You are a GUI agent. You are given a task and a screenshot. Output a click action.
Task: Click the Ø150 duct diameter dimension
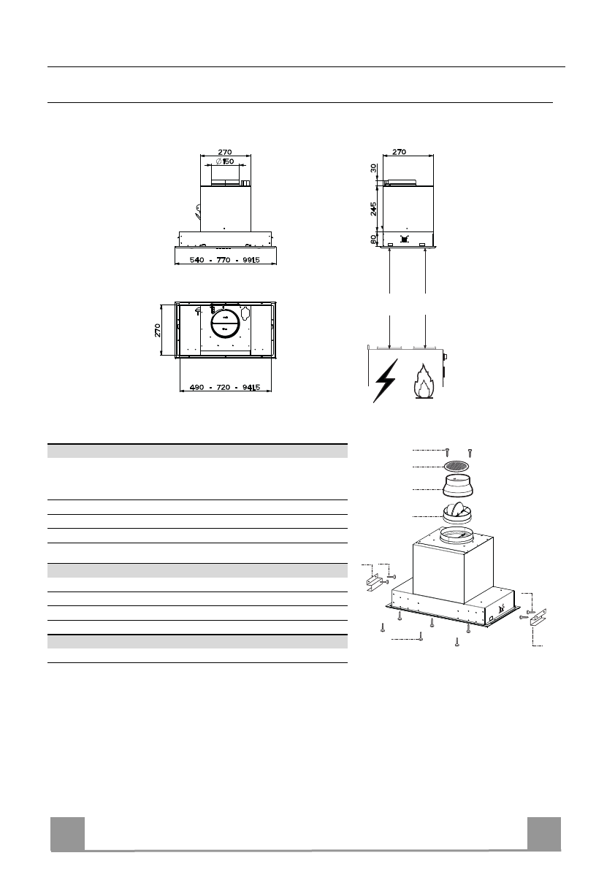coord(224,161)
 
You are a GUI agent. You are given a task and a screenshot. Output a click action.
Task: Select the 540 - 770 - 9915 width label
coord(224,260)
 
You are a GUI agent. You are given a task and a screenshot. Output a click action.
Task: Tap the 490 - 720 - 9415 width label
coord(224,387)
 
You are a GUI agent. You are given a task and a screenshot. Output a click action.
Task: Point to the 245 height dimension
coord(374,208)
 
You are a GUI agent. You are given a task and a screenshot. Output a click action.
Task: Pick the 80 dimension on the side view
coord(374,239)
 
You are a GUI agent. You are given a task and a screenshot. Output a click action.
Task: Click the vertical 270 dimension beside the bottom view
coord(158,331)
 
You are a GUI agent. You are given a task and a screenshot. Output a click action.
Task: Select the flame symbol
coord(423,382)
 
